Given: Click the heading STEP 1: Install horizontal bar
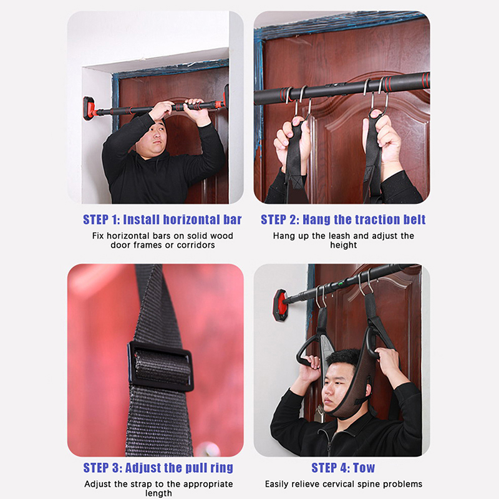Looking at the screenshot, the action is click(162, 220).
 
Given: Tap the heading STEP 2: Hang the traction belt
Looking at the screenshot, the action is click(343, 220).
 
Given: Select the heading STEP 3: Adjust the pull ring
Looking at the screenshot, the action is click(158, 468).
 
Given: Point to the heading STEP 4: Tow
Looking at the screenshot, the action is click(343, 468).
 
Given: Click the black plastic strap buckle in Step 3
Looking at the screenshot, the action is click(160, 366).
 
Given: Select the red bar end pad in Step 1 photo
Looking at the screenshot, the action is click(89, 109).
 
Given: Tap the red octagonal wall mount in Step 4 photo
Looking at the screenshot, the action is click(280, 304).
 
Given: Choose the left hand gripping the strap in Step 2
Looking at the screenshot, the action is click(290, 140).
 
